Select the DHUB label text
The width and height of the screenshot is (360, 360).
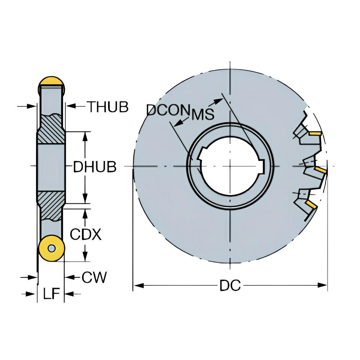pyautogui.click(x=95, y=167)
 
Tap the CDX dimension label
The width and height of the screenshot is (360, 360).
pyautogui.click(x=86, y=235)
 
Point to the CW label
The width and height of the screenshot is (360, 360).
pyautogui.click(x=94, y=277)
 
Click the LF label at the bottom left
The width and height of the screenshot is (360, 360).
pyautogui.click(x=51, y=294)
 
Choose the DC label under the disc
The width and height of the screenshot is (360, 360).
pyautogui.click(x=230, y=286)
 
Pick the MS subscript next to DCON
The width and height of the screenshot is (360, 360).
pyautogui.click(x=203, y=114)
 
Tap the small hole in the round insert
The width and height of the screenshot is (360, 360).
pyautogui.click(x=52, y=248)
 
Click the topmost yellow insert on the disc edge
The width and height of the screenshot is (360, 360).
pyautogui.click(x=315, y=134)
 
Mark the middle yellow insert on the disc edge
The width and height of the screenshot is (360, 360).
pyautogui.click(x=320, y=170)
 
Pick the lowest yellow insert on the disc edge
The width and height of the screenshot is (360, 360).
pyautogui.click(x=311, y=205)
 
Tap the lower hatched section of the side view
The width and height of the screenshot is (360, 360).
pyautogui.click(x=51, y=205)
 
